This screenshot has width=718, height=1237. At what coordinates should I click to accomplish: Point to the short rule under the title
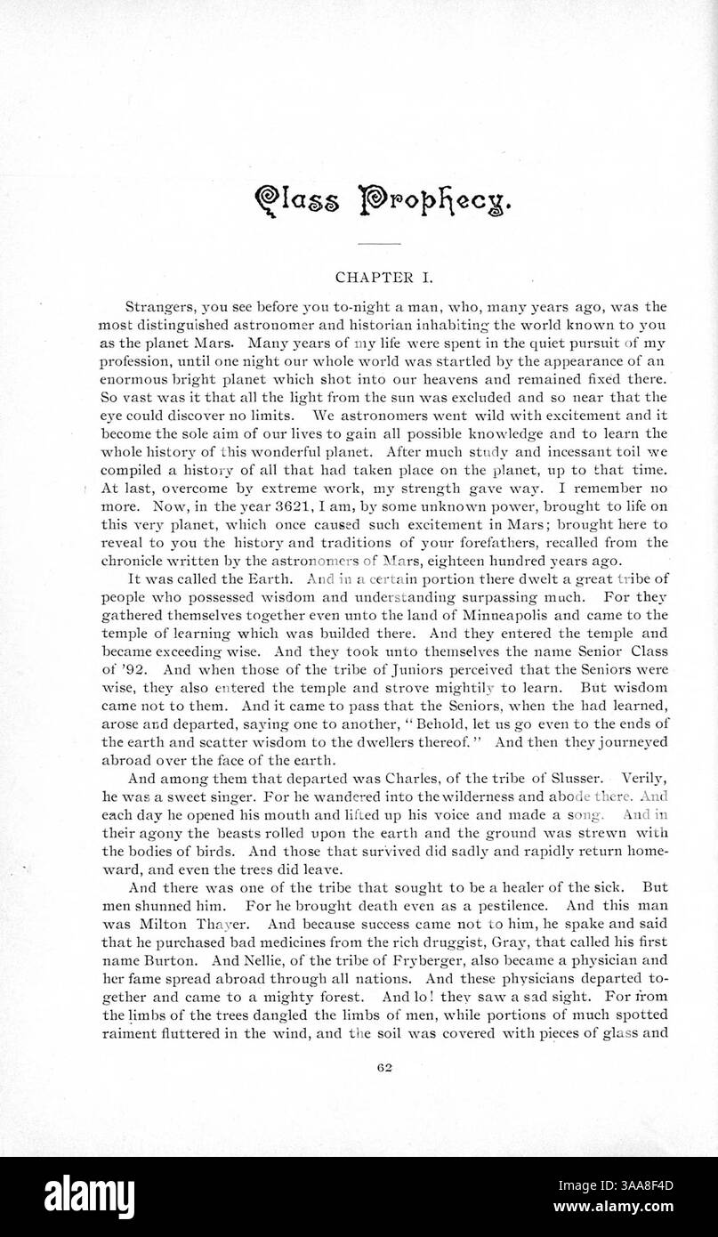(379, 243)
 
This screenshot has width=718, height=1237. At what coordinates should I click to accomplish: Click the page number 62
(384, 1068)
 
